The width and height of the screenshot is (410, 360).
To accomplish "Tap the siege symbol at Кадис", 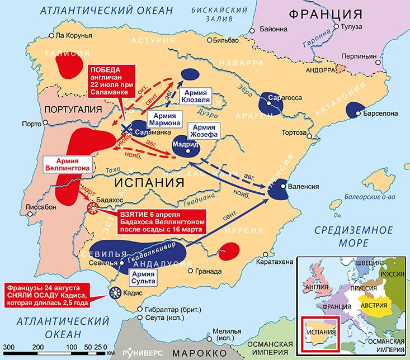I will [116, 291].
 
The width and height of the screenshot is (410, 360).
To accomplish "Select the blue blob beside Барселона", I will [354, 110].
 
